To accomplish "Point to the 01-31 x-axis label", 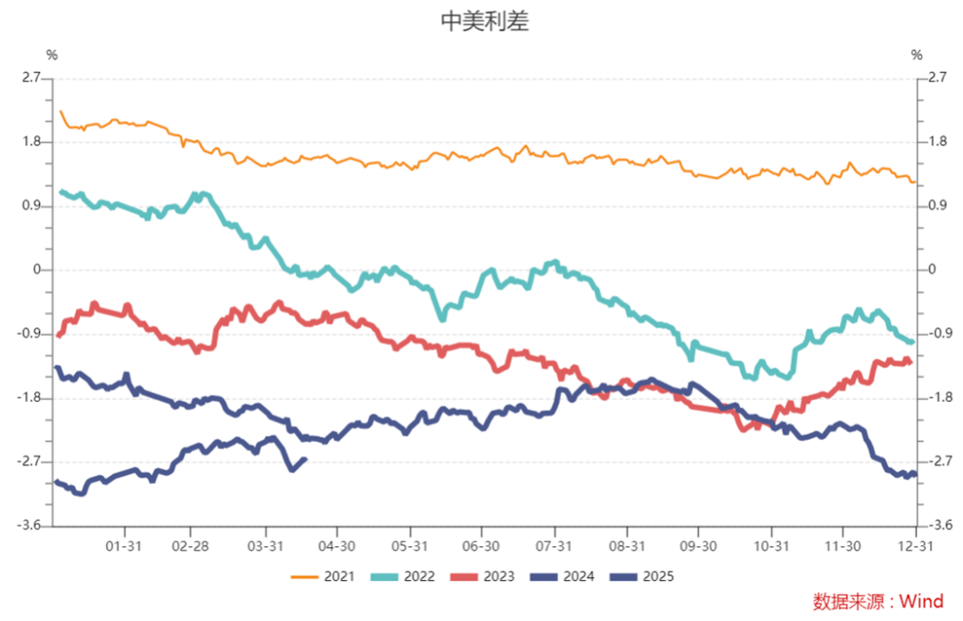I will [124, 545].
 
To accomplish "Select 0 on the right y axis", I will [933, 270].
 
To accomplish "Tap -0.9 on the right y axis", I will [938, 334].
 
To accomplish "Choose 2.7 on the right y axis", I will [937, 78].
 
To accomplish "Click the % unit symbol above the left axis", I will [52, 55].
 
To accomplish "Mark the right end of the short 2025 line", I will [306, 459].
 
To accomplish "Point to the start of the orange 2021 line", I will [60, 111].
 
